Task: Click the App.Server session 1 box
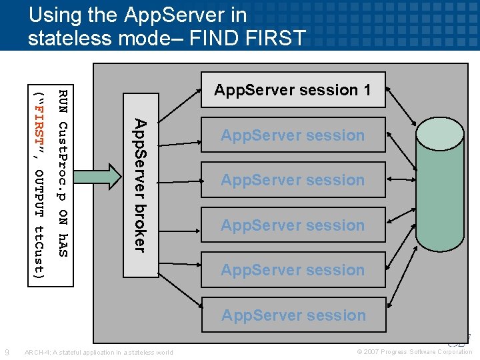coord(293,90)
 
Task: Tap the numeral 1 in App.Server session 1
coord(367,90)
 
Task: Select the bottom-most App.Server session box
coord(293,315)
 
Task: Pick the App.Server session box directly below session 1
coord(293,135)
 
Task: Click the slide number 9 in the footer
coord(6,352)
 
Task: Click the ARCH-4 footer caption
coord(98,352)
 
